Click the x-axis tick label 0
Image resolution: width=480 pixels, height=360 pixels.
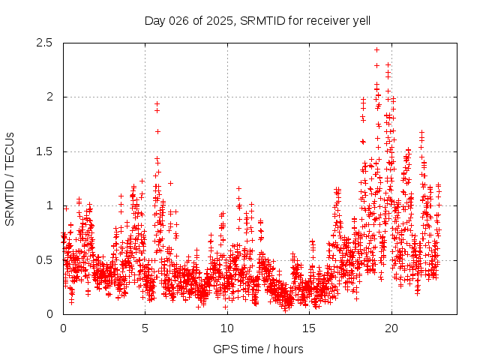click(x=63, y=328)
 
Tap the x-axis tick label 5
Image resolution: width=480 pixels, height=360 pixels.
click(x=145, y=328)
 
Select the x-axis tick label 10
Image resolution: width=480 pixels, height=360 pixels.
click(x=227, y=328)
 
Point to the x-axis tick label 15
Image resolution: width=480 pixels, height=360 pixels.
click(x=309, y=328)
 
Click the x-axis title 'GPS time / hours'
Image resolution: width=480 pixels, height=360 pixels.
click(x=258, y=349)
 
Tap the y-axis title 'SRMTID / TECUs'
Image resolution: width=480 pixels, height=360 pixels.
click(x=10, y=178)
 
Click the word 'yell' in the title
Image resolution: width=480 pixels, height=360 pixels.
click(x=361, y=20)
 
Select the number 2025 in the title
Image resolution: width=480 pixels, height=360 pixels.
click(x=218, y=20)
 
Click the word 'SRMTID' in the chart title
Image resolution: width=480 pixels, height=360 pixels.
click(x=260, y=20)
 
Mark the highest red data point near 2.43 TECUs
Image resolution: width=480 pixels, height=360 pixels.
click(x=376, y=49)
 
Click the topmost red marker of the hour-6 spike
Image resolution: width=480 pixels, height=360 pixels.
click(x=157, y=103)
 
